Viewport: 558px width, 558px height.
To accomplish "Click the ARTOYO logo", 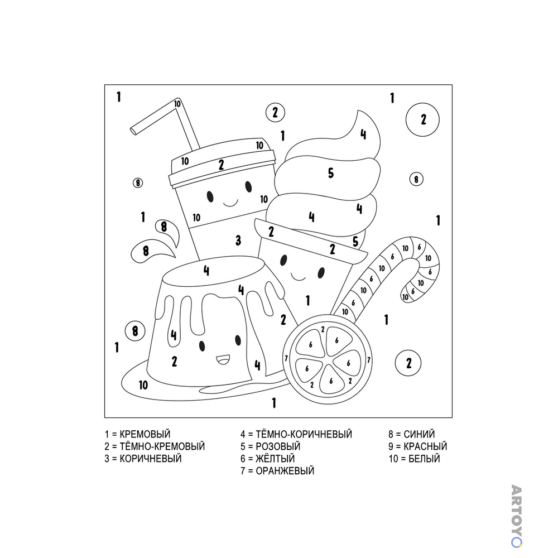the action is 516,516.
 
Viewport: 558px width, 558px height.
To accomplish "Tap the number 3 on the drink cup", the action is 238,240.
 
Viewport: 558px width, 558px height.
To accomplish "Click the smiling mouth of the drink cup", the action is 230,204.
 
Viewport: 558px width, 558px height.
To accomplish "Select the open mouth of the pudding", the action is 223,360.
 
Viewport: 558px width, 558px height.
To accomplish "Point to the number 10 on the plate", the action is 143,385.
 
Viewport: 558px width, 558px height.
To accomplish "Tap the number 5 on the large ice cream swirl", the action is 331,174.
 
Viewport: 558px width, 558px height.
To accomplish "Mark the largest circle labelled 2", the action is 422,119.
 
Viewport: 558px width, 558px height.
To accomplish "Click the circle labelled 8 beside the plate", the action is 135,331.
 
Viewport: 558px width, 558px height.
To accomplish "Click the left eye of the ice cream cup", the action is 283,260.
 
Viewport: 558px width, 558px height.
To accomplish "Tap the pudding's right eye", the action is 238,340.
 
